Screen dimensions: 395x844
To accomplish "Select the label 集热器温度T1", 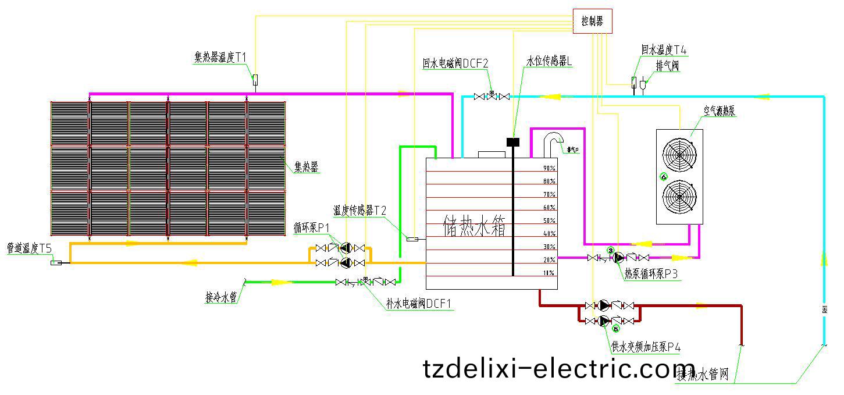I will pos(220,57).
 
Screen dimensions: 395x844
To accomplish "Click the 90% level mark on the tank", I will pos(549,168).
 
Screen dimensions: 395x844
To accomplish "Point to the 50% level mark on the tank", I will pos(549,220).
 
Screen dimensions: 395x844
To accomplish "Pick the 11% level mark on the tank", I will pos(549,273).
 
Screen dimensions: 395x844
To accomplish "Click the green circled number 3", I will pos(611,250).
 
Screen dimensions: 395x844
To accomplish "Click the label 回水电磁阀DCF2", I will pos(455,62).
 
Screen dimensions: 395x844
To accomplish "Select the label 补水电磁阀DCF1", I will pos(418,304).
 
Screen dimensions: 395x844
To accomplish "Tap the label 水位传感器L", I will pos(549,62).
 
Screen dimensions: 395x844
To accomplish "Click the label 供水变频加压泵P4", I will pos(646,347).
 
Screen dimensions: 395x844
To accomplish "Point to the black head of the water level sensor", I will pos(512,141).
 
